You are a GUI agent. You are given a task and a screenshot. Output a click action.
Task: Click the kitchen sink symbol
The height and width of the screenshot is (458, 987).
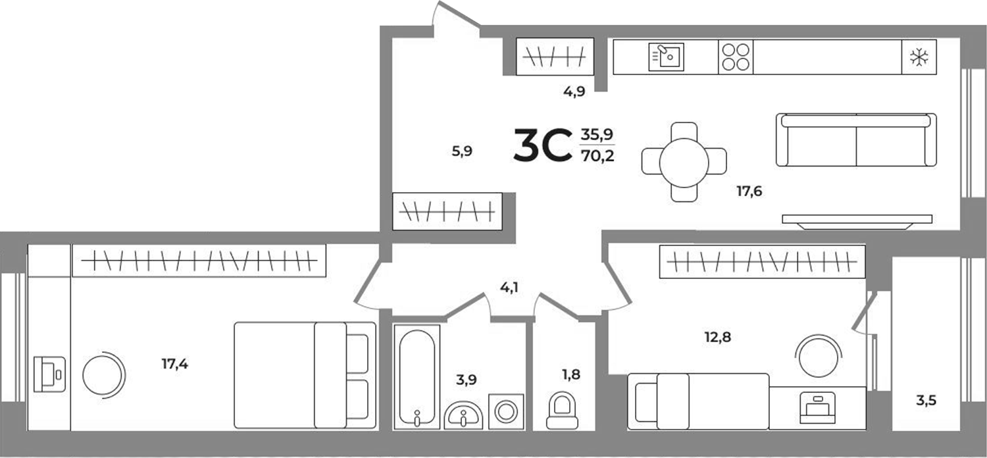[667, 56]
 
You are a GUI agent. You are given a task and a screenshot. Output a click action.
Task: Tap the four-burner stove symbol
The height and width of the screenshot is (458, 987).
[735, 57]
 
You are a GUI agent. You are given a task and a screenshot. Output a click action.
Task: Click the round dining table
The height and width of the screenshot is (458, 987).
[684, 161]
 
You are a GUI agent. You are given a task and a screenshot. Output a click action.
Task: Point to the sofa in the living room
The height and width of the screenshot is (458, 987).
[856, 140]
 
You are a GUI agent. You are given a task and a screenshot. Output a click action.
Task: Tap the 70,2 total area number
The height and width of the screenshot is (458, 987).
[597, 157]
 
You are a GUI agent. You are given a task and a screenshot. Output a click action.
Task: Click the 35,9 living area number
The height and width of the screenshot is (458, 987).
[597, 135]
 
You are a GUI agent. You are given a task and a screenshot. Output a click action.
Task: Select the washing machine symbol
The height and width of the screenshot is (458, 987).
[506, 412]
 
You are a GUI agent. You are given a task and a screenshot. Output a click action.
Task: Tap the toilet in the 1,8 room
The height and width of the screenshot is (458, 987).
[562, 411]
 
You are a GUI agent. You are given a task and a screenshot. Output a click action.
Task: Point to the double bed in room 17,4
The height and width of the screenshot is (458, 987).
[305, 375]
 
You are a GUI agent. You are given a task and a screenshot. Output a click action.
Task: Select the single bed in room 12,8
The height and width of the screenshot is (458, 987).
[697, 401]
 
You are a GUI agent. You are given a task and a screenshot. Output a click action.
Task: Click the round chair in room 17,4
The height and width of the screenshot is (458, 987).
[103, 374]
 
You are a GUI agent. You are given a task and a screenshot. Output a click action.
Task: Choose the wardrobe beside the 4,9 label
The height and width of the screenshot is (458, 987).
[554, 57]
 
